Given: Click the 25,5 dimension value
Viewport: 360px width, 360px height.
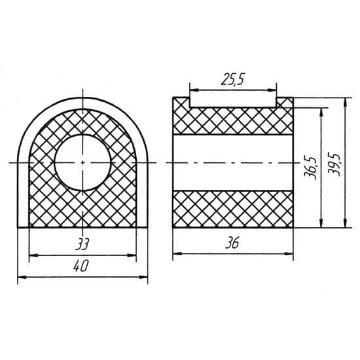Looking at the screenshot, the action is click(x=233, y=80).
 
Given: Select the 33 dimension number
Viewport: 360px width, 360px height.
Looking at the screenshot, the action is click(x=82, y=244).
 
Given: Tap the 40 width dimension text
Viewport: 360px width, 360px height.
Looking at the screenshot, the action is click(x=81, y=266).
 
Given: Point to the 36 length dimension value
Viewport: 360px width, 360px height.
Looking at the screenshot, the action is click(x=232, y=243).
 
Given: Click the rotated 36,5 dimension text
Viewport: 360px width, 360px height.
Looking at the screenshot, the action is click(x=310, y=168).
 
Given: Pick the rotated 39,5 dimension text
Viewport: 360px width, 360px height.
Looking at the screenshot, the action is click(x=334, y=164).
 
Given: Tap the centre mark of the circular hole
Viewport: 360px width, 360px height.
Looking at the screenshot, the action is click(x=82, y=162).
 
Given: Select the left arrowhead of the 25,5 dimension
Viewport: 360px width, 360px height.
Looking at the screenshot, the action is click(x=194, y=90).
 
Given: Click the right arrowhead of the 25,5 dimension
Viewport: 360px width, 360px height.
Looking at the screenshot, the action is click(x=272, y=90).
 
